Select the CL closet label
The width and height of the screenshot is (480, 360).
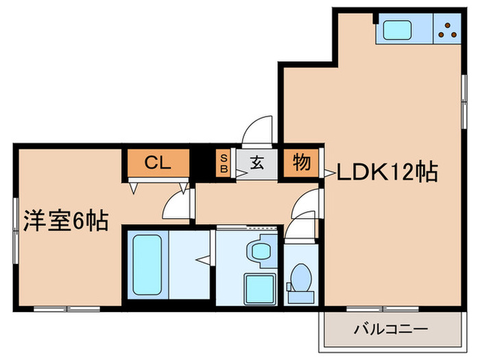click(157, 163)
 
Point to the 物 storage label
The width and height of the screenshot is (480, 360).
click(301, 164)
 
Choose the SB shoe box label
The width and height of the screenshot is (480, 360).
click(224, 165)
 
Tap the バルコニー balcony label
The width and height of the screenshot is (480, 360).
click(391, 330)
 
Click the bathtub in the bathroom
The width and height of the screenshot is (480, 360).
click(145, 263)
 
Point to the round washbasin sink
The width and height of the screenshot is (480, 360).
click(261, 251)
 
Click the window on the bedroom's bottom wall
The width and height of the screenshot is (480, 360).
click(67, 309)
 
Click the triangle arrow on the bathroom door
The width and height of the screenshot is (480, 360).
click(203, 259)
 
